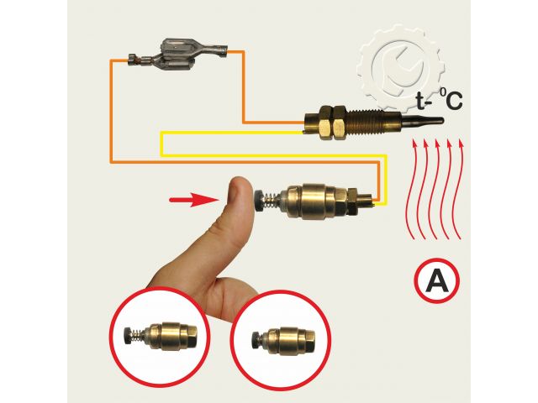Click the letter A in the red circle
[x=436, y=280]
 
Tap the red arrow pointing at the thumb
[x=194, y=200]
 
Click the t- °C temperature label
[x=439, y=99]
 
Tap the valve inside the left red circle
[x=161, y=336]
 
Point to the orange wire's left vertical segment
[x=111, y=112]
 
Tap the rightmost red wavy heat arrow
[x=458, y=188]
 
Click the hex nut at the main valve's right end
[x=353, y=202]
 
